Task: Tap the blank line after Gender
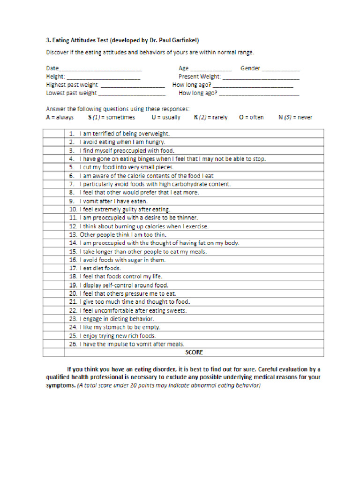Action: coord(280,69)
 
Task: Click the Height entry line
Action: coord(104,77)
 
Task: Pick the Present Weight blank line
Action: coord(261,77)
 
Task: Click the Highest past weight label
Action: coord(72,85)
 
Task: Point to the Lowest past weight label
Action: coord(71,93)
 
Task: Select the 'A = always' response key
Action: coord(60,117)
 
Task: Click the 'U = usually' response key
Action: coord(165,117)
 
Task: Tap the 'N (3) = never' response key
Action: coord(295,117)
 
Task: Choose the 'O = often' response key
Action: coord(251,117)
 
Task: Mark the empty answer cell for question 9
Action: coord(53,201)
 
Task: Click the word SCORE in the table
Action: coord(194,352)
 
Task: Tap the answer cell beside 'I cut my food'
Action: coord(53,167)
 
